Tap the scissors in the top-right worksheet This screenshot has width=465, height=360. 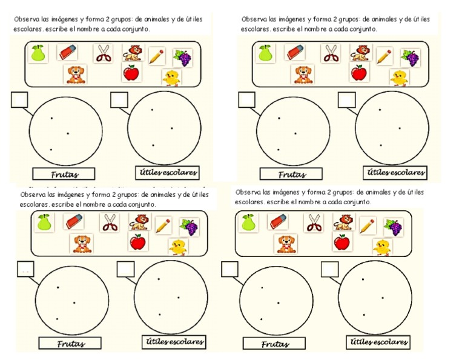point(331,53)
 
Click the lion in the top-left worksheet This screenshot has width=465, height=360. point(131,53)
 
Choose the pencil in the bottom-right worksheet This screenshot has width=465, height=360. point(367,225)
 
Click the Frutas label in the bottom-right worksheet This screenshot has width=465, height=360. point(275,344)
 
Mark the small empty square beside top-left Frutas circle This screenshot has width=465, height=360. point(19,99)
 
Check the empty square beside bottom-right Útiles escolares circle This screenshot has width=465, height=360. point(329,269)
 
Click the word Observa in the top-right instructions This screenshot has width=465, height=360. point(253,19)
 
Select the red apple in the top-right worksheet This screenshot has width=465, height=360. point(358,74)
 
